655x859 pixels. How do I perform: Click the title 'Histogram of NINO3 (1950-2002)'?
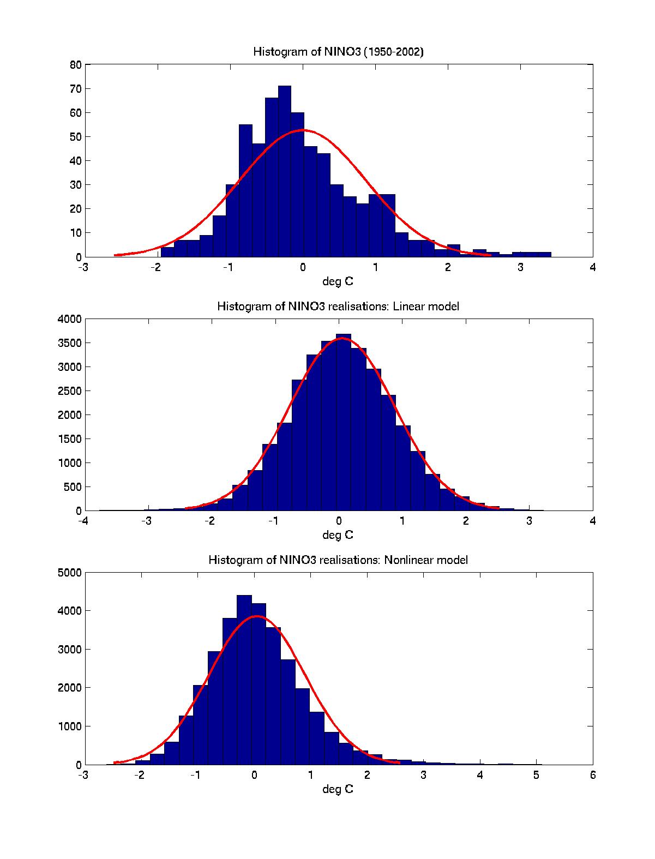tap(338, 52)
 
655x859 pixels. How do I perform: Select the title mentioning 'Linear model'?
tap(338, 306)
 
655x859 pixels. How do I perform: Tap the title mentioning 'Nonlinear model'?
tap(338, 560)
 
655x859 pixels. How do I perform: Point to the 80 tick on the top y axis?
tap(75, 65)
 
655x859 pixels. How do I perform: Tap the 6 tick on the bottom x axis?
tap(593, 774)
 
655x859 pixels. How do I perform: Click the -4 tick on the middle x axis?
tap(83, 521)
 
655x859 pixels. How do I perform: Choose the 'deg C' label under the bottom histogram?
tap(338, 789)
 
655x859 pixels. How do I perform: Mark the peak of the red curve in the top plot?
tap(303, 130)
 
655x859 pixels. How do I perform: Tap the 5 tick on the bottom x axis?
tap(536, 774)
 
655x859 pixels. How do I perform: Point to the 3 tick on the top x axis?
tap(520, 267)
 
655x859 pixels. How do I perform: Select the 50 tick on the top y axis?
tap(75, 137)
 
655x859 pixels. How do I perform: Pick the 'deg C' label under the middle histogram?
tap(338, 535)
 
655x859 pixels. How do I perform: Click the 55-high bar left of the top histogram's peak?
tap(245, 191)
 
